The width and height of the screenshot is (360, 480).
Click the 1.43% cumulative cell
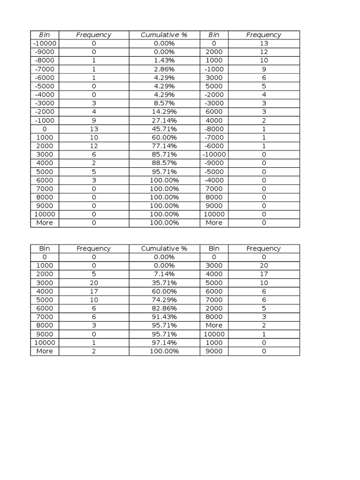click(164, 60)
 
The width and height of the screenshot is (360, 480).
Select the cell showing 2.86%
click(164, 69)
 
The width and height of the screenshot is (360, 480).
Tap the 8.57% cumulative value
click(164, 103)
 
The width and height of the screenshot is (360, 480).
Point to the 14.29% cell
click(164, 112)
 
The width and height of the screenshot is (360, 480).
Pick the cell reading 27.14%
click(164, 120)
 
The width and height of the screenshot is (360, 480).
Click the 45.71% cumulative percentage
click(164, 129)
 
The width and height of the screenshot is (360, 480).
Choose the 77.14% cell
click(164, 146)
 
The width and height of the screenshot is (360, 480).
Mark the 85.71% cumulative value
click(164, 154)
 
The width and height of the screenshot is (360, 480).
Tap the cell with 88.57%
click(164, 163)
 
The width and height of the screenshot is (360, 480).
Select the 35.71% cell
click(164, 283)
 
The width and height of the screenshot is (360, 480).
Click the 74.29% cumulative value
click(164, 300)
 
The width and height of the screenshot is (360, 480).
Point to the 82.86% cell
click(164, 308)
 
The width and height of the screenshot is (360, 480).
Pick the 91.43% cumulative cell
click(164, 317)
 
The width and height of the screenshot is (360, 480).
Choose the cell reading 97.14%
click(164, 343)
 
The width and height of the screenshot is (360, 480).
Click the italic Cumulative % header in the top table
click(164, 35)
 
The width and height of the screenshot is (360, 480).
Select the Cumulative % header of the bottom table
click(164, 248)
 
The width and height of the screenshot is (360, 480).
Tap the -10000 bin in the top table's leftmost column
click(45, 43)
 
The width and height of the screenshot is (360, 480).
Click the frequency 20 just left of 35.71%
click(94, 283)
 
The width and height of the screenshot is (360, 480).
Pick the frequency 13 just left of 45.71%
click(94, 129)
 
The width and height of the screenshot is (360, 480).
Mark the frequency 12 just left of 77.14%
click(94, 146)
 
